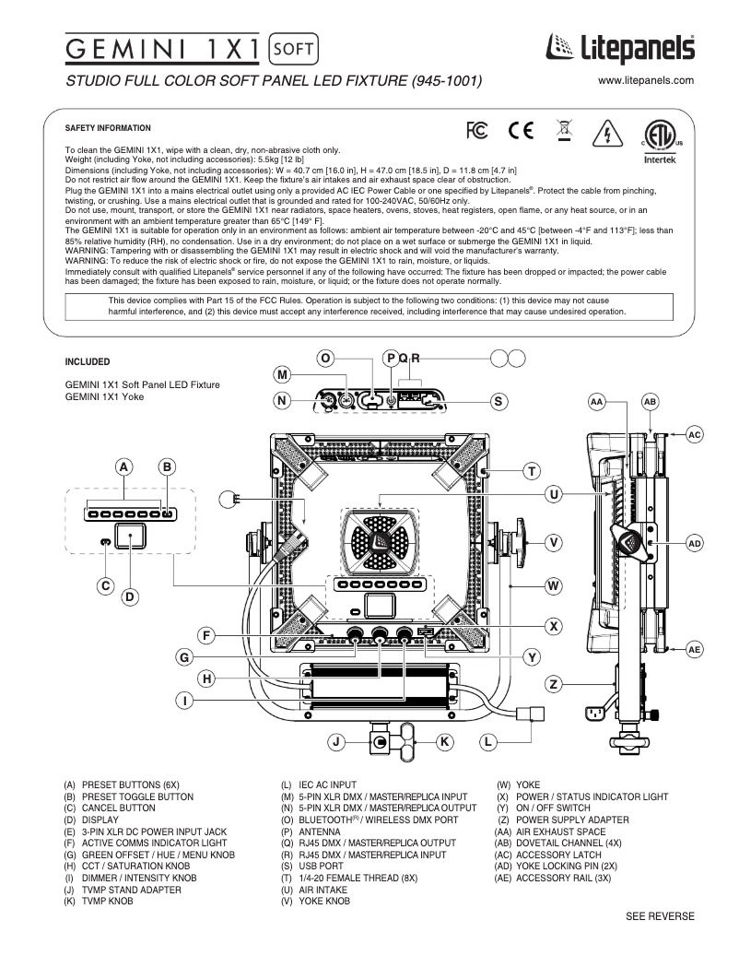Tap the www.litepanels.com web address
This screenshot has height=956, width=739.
[x=645, y=81]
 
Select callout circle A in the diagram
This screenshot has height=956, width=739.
[x=123, y=467]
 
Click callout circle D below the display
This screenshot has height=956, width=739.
[x=130, y=596]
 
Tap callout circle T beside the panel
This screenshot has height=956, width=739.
[x=531, y=472]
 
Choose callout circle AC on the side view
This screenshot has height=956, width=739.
[x=695, y=434]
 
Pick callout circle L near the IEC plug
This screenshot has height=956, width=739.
[x=487, y=741]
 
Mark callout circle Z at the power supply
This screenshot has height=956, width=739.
[x=554, y=684]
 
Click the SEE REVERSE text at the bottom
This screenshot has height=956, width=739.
[x=660, y=915]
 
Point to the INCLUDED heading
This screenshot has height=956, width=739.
[x=88, y=361]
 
